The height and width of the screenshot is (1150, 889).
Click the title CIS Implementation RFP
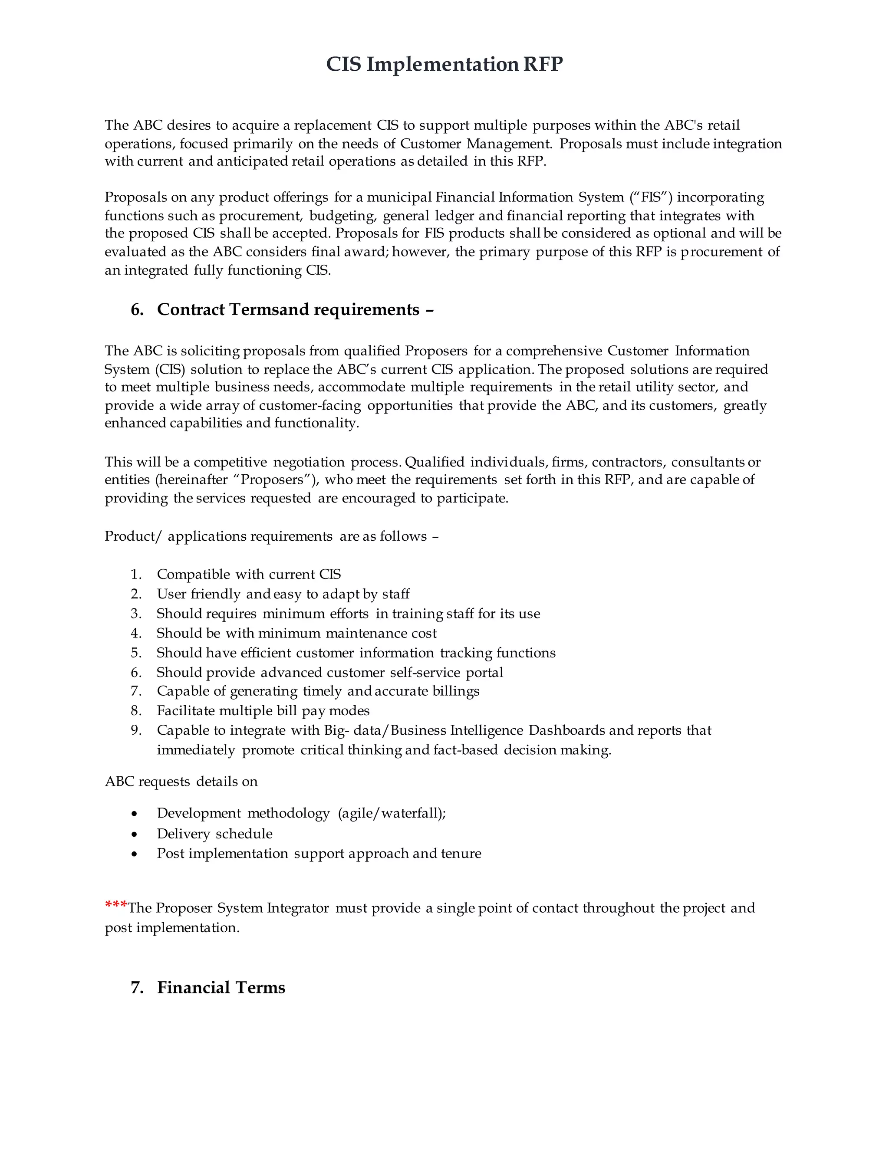tap(444, 64)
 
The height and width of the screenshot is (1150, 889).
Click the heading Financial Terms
tap(221, 987)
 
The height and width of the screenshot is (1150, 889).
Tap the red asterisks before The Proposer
tap(115, 905)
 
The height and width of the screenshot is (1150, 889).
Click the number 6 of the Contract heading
tap(136, 309)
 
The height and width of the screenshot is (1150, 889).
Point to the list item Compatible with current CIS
tap(249, 574)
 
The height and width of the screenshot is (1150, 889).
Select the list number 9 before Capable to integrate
tap(136, 730)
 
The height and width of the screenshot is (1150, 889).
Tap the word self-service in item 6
tap(425, 672)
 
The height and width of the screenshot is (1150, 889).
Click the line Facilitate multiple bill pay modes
tap(263, 711)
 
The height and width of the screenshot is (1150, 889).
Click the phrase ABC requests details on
tap(181, 782)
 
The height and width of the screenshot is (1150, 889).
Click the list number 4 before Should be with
tap(136, 634)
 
